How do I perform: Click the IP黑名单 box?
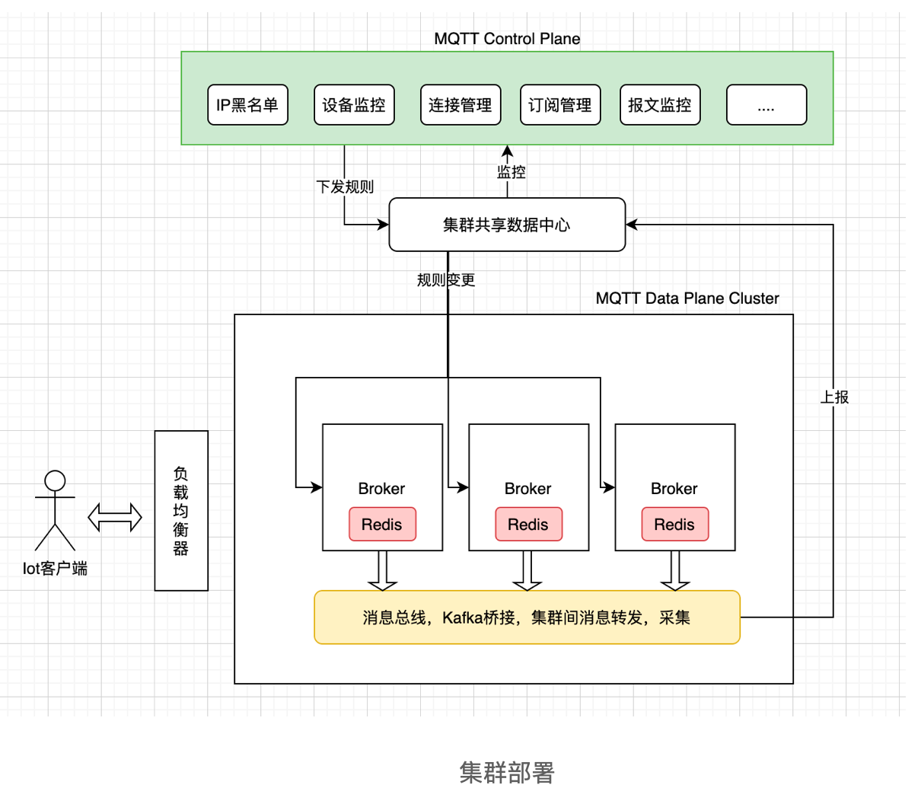coord(247,105)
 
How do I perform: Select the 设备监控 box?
coord(354,105)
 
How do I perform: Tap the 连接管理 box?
coord(460,105)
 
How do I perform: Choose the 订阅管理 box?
coord(560,105)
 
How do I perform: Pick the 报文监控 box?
coord(660,105)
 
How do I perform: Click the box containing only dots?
coord(766,105)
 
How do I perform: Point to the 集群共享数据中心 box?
coord(507,225)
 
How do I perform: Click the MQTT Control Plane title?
coord(507,39)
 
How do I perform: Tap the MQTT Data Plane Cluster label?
coord(687,298)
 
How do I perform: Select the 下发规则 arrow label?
coord(345,187)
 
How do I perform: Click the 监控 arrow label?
coord(511,172)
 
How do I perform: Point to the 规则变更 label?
coord(446,280)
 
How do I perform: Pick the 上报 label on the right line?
coord(834,397)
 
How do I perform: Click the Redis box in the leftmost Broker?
coord(382,525)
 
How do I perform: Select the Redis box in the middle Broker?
coord(528,525)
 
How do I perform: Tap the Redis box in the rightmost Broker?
coord(674,525)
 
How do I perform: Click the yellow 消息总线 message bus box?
coord(527,617)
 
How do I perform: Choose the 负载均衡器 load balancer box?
coord(181,511)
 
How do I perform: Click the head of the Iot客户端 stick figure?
coord(55,481)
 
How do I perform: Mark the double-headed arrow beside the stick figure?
coord(115,518)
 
